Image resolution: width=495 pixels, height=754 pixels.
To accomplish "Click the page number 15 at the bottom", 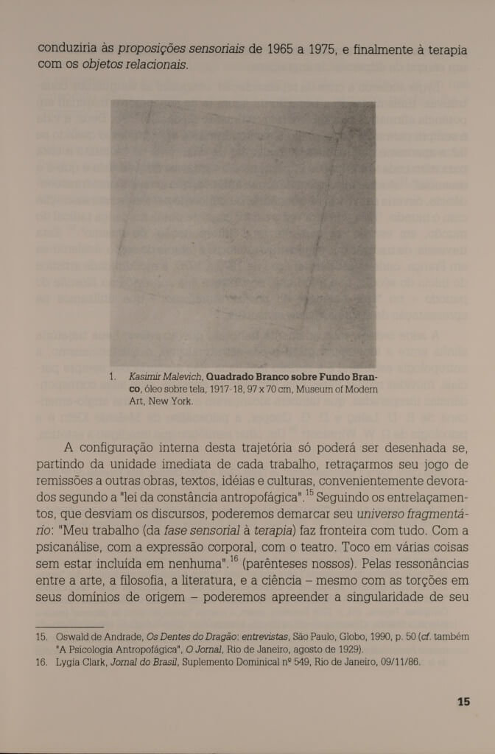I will [x=463, y=702].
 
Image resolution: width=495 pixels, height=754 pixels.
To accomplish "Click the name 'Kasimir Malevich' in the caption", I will [x=162, y=378].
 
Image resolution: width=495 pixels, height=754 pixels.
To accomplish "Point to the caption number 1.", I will [x=112, y=378].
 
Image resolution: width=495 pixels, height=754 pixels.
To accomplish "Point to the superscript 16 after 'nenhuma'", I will [x=234, y=560].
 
